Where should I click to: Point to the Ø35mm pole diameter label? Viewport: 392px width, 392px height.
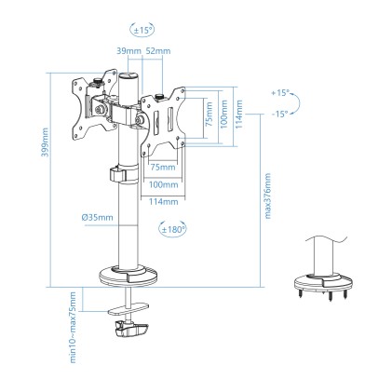pos(97,216)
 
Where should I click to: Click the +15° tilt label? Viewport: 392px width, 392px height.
pos(280,94)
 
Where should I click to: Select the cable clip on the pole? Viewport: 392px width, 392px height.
pos(116,173)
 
